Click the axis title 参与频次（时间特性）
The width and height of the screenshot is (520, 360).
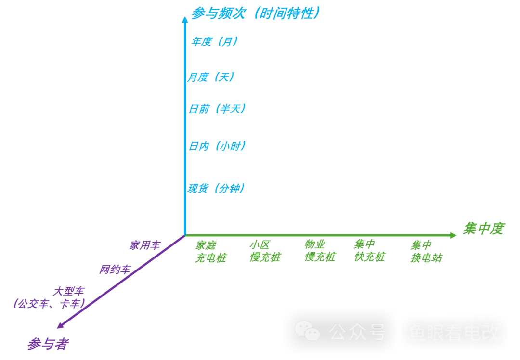(x=256, y=13)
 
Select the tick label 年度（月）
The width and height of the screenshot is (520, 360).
(x=214, y=42)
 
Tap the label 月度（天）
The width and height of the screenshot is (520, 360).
(x=211, y=77)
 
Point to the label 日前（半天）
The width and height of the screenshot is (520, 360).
(x=217, y=109)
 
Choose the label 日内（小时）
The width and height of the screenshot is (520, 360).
(x=217, y=146)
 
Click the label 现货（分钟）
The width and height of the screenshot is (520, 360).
(x=216, y=188)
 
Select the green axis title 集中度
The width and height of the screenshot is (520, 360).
(x=483, y=229)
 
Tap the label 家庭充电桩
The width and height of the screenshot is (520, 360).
(x=210, y=252)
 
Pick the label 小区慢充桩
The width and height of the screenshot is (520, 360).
(x=265, y=251)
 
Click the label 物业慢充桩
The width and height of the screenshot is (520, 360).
(x=320, y=250)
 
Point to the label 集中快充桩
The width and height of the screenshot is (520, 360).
(x=369, y=250)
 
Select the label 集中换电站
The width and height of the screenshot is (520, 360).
(x=426, y=252)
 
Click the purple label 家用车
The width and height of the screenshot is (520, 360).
(x=144, y=245)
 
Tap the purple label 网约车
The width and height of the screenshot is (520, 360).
(x=115, y=270)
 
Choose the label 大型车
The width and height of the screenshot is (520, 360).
(x=68, y=291)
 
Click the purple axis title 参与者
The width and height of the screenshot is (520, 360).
(x=47, y=344)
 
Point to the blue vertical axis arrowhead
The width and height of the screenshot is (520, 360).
(x=184, y=19)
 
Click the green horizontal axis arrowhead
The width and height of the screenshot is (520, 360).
(x=453, y=235)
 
